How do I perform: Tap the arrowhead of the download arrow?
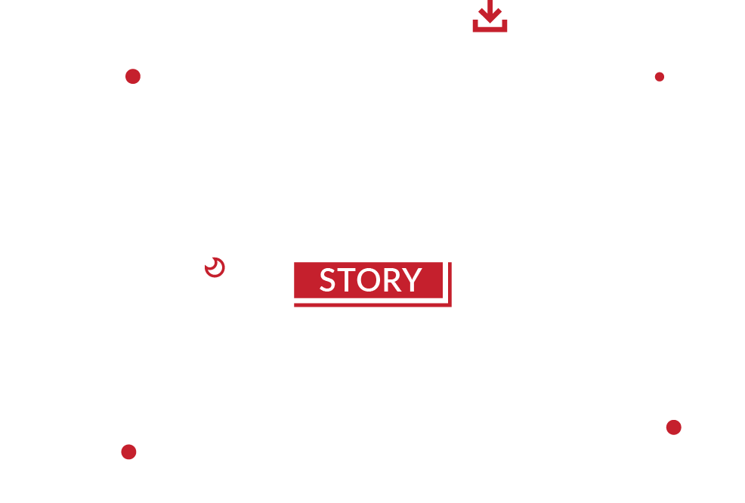tap(490, 17)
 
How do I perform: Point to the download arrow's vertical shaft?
tap(490, 6)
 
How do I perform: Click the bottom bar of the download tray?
tap(490, 29)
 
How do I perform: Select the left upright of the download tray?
tap(475, 26)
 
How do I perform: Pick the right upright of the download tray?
tap(505, 26)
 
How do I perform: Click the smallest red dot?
tap(660, 77)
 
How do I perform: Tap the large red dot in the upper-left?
tap(133, 76)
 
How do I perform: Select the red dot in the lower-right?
tap(674, 427)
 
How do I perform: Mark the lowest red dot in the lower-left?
tap(128, 452)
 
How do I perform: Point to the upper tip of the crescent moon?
tap(212, 258)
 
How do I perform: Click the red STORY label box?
tap(368, 279)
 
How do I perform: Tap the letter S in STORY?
tap(327, 279)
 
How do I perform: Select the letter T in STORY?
tap(345, 279)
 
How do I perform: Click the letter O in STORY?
tap(369, 279)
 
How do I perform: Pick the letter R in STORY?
tap(393, 279)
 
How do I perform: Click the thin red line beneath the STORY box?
tap(372, 305)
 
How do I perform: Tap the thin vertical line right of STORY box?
tap(450, 284)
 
